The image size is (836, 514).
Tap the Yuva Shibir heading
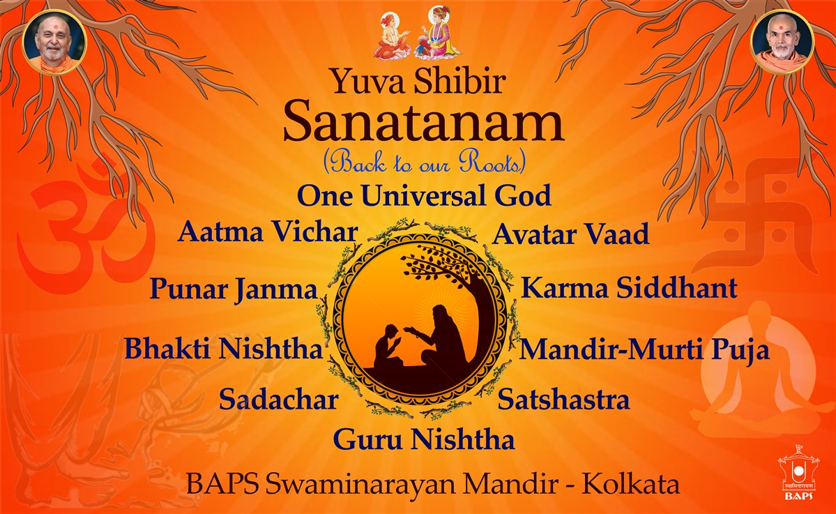(x=418, y=80)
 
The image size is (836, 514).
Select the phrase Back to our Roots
(x=425, y=162)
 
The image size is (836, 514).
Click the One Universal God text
(x=424, y=195)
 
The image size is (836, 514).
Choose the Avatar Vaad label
(x=570, y=234)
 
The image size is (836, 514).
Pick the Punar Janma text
(x=234, y=289)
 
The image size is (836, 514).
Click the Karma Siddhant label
(x=629, y=287)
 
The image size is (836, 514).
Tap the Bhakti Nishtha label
(x=224, y=348)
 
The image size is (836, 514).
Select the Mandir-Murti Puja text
(x=644, y=350)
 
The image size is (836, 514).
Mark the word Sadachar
(x=279, y=399)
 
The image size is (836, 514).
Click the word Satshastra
(x=563, y=400)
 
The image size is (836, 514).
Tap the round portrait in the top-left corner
(x=54, y=42)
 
